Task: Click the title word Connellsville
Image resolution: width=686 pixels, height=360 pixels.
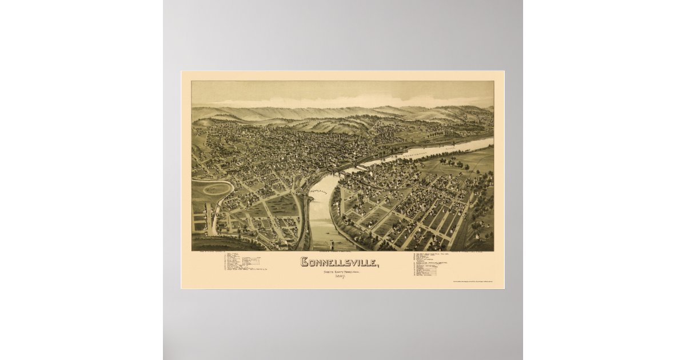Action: click(339, 263)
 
